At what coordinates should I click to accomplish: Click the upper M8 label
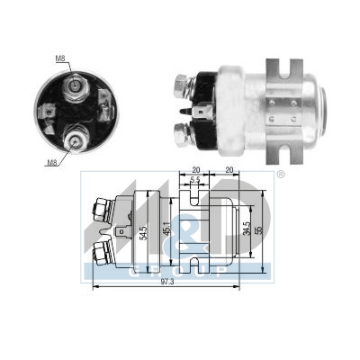59,58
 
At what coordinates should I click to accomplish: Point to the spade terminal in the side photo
202,115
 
